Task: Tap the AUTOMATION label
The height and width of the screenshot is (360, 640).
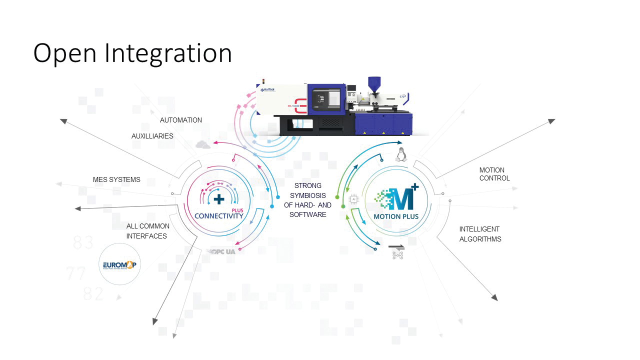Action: [181, 120]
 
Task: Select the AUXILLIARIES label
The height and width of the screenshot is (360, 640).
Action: [152, 136]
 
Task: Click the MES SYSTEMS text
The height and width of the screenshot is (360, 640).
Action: [116, 179]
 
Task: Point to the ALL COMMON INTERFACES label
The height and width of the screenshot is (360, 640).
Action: [147, 231]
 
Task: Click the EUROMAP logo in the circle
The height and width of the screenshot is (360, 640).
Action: [120, 264]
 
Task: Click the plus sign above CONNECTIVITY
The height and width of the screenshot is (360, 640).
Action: [219, 198]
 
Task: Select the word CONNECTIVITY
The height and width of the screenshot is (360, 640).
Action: [218, 216]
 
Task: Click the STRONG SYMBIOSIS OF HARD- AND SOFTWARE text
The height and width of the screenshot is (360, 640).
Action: [307, 200]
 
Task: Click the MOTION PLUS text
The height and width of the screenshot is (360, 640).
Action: [396, 216]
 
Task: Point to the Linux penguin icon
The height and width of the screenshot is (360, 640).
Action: [400, 154]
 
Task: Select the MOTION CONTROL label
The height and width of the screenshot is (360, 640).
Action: [494, 174]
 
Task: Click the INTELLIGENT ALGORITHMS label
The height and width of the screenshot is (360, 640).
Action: [480, 234]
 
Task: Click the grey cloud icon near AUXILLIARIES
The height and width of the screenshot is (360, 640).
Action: [203, 144]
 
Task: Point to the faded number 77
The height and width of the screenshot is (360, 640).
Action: [76, 273]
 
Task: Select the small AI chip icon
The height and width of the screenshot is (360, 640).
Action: [354, 199]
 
